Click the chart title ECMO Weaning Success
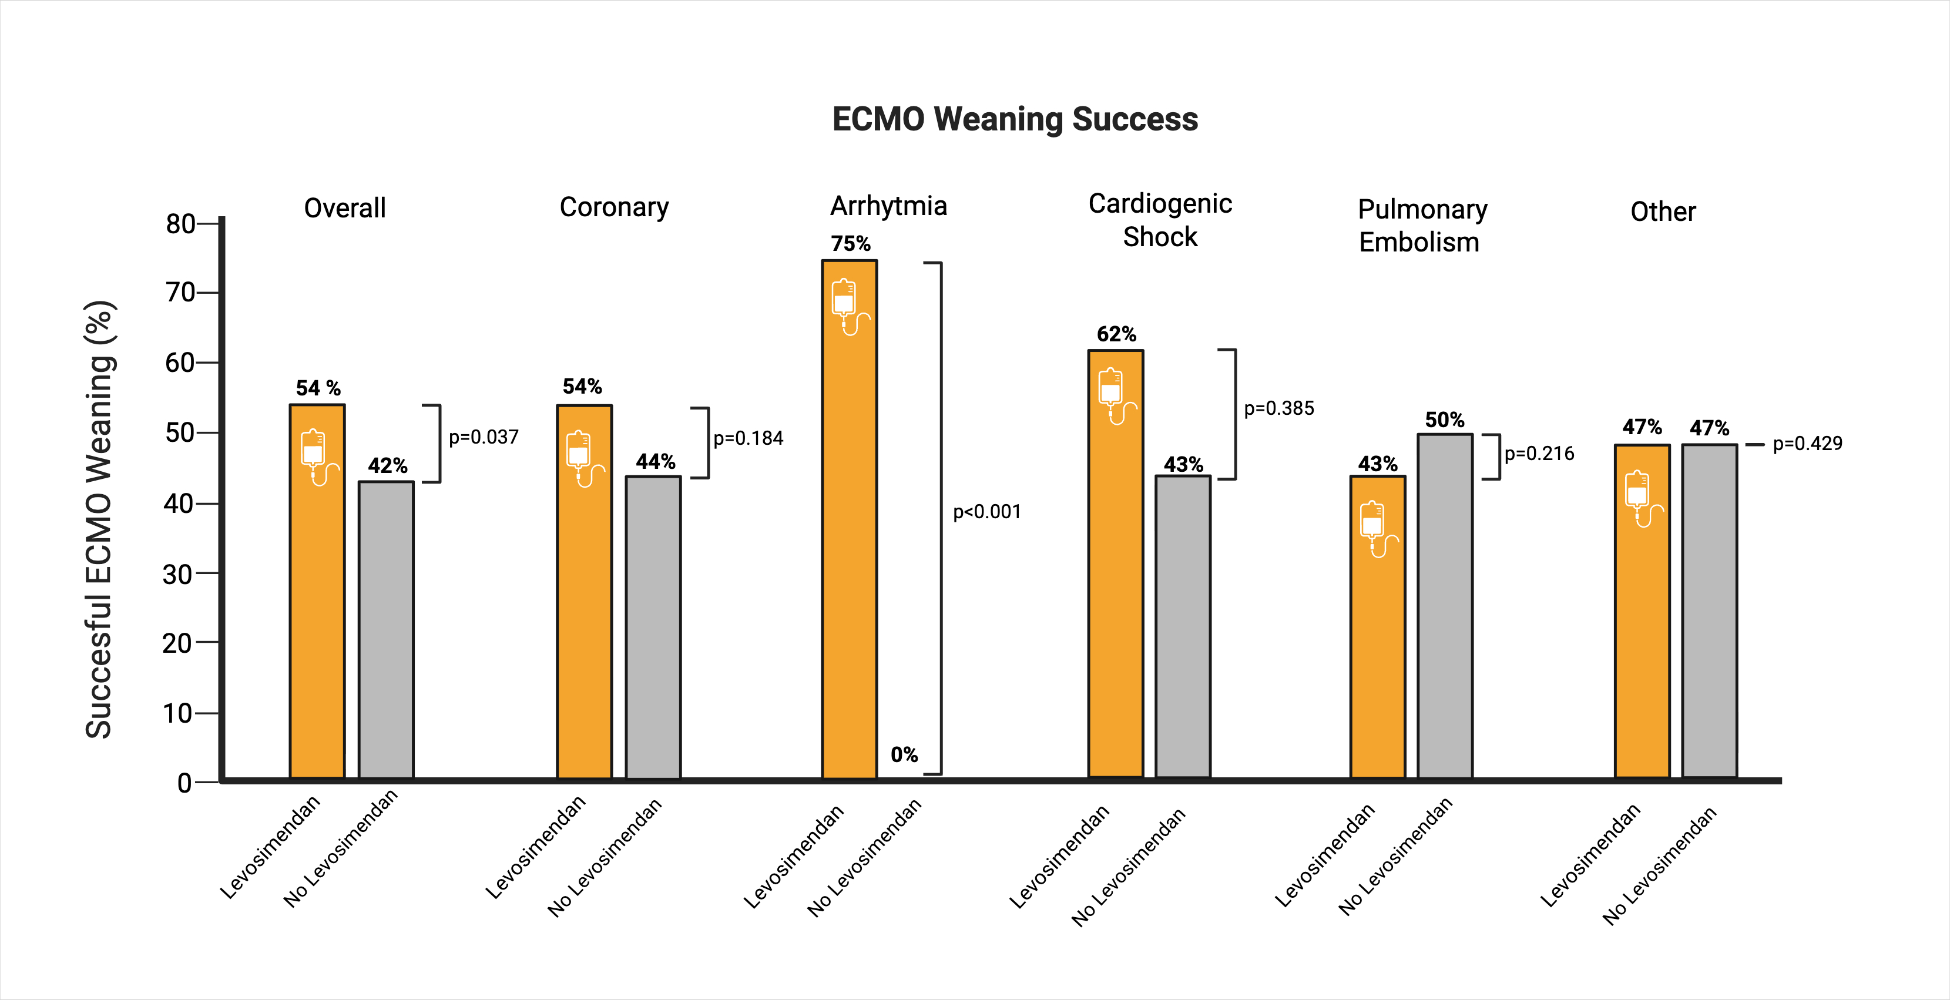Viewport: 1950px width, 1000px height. click(x=1014, y=120)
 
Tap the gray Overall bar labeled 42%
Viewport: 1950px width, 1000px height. click(x=386, y=628)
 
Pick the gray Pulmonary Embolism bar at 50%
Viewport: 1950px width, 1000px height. click(x=1444, y=606)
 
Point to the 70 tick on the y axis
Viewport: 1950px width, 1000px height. click(x=182, y=292)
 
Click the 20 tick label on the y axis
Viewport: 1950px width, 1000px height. click(x=178, y=643)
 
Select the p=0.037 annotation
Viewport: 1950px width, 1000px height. click(x=483, y=438)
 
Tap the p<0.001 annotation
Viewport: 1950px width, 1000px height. click(x=986, y=512)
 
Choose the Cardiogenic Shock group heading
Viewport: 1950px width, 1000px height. click(x=1160, y=220)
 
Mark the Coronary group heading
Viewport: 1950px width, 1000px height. click(x=614, y=207)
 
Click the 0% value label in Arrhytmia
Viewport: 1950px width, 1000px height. click(x=904, y=755)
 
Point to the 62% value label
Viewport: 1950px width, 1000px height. click(x=1116, y=334)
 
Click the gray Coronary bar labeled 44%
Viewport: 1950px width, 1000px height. click(x=653, y=628)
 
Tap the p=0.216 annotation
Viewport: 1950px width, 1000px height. click(x=1539, y=454)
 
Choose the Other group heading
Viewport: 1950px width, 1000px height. click(x=1662, y=212)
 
